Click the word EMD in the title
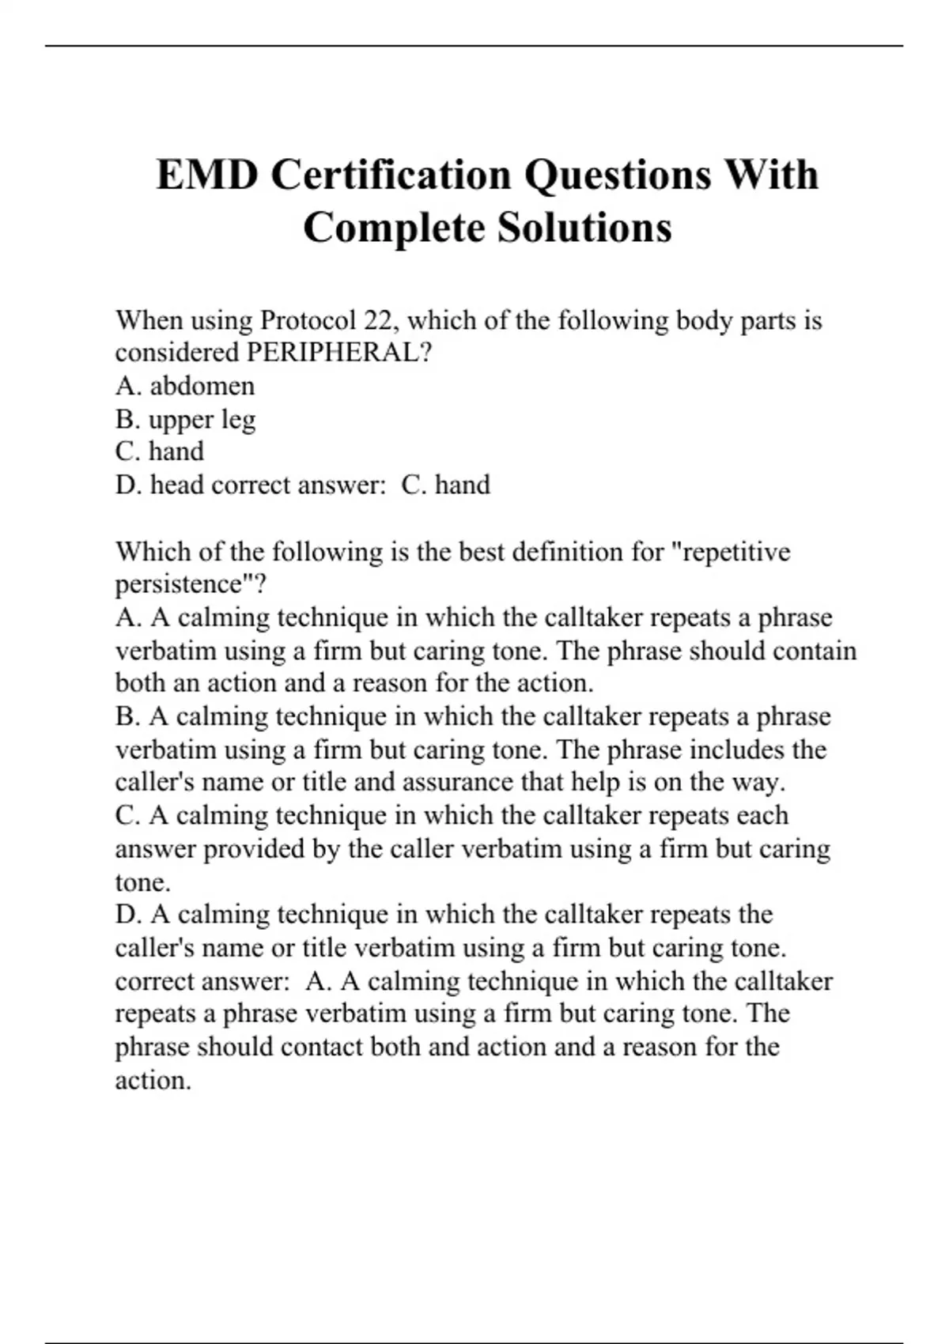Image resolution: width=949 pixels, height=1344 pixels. click(x=207, y=175)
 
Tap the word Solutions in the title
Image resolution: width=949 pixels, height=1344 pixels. click(x=584, y=228)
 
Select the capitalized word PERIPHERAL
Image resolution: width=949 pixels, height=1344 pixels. click(x=339, y=353)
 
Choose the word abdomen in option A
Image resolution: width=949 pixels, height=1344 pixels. click(x=202, y=386)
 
